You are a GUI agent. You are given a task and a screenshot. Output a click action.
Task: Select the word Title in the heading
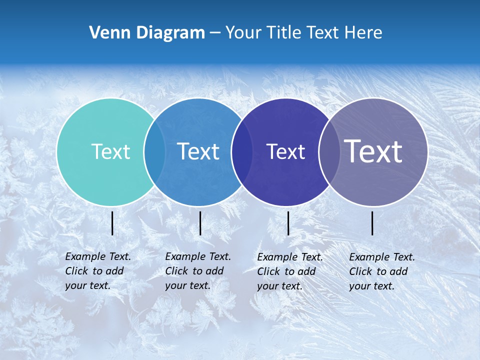[x=283, y=33]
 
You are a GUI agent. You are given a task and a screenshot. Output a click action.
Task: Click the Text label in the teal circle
[x=110, y=151]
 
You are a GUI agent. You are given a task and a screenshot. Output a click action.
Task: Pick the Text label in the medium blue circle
[x=198, y=151]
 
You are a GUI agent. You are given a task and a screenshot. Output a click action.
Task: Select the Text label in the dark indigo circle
[x=285, y=151]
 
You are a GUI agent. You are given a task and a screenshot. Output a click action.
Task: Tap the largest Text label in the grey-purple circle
[x=373, y=151]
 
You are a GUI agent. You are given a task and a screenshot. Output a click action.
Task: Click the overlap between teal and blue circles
[x=154, y=152]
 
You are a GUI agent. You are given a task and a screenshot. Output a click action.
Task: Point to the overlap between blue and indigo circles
[x=242, y=152]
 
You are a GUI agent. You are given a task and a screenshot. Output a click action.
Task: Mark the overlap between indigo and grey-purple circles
[x=329, y=152]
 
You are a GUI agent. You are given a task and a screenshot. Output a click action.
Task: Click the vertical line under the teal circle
[x=112, y=223]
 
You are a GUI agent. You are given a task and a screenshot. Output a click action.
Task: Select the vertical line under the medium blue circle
[x=200, y=223]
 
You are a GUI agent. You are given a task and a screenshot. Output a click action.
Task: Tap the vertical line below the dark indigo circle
[x=288, y=223]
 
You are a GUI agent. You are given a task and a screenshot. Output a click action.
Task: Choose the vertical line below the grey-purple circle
[x=372, y=223]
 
